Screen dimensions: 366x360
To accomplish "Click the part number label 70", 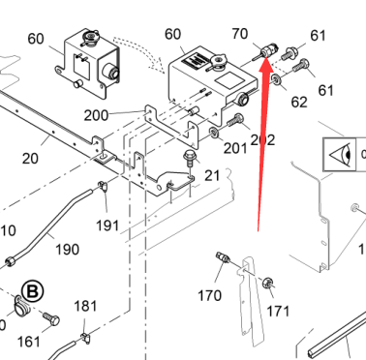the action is [x=240, y=34].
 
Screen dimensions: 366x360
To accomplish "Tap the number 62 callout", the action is [x=299, y=102].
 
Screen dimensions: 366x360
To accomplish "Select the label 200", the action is [x=96, y=115].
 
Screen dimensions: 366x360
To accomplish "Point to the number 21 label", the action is [x=212, y=175].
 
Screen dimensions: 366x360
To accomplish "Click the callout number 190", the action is [x=67, y=250].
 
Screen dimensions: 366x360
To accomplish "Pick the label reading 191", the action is [x=107, y=225].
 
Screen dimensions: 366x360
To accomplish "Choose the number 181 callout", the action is [x=85, y=306].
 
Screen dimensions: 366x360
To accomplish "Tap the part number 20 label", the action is [x=30, y=159].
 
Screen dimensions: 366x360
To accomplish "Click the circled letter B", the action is [x=32, y=291].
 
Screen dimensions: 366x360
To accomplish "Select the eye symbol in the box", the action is [x=340, y=155].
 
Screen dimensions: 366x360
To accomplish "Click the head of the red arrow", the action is [x=266, y=63].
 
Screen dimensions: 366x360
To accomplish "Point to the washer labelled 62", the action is [x=276, y=79].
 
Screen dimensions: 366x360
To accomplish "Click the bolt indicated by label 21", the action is [x=190, y=159].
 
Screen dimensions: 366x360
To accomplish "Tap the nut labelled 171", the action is [x=267, y=283].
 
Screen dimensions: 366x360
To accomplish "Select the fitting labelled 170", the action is [x=223, y=257].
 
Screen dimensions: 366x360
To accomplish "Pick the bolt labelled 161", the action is [x=51, y=318].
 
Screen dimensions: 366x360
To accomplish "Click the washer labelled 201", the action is [x=213, y=133].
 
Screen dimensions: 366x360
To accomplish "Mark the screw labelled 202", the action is [x=234, y=120].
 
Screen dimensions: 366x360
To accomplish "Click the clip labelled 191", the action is [x=103, y=186].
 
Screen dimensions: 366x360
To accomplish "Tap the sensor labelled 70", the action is [x=264, y=51].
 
